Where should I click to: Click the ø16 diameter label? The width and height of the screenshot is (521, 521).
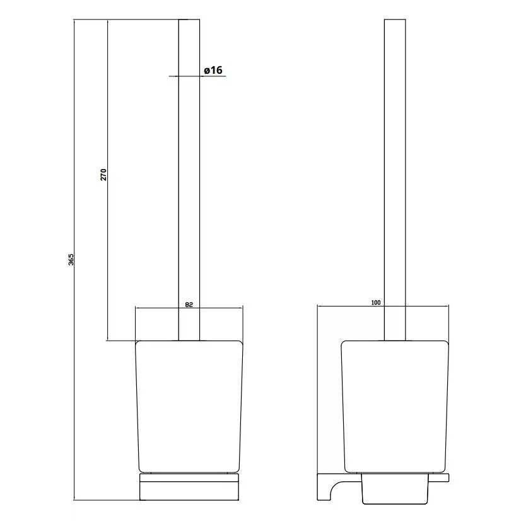(x=213, y=70)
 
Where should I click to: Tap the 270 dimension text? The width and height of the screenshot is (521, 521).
(x=103, y=175)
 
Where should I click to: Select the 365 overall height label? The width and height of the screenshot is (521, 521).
(x=71, y=259)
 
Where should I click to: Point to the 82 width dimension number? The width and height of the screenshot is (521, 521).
(x=189, y=305)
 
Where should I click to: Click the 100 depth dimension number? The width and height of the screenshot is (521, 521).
(x=376, y=303)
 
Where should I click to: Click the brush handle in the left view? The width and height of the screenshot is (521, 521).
(x=189, y=180)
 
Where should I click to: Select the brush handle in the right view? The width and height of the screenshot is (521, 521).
(x=395, y=180)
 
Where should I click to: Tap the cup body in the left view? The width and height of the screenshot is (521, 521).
(x=189, y=406)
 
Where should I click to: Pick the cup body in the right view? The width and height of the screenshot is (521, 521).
(x=395, y=406)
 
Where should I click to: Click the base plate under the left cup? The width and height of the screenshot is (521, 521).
(x=189, y=487)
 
